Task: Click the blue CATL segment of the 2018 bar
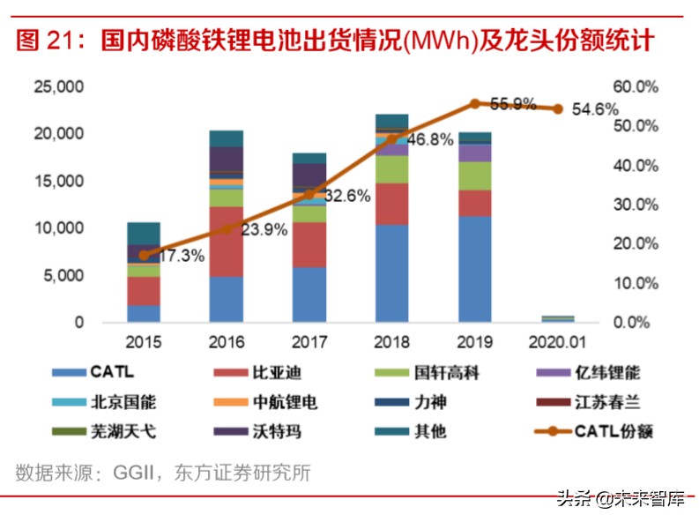click(391, 273)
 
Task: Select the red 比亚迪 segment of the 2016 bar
click(226, 242)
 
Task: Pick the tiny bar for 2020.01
click(557, 318)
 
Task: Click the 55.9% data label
click(513, 104)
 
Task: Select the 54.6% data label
click(596, 110)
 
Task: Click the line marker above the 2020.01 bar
click(557, 108)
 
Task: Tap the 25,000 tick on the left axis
click(59, 86)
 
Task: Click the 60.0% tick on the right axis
click(635, 86)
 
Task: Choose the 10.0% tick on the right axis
click(635, 283)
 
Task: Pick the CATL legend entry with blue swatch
click(97, 373)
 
